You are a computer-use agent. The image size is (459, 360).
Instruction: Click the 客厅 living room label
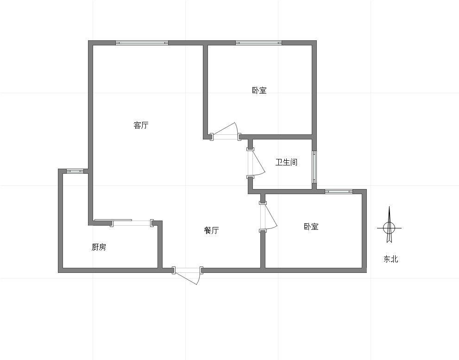(x=141, y=126)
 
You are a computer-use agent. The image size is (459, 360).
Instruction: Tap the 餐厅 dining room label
(x=211, y=231)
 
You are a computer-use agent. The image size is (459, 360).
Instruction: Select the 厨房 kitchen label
(x=99, y=247)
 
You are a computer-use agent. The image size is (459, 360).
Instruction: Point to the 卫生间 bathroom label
(x=286, y=162)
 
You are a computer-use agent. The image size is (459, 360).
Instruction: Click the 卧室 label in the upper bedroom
(x=259, y=90)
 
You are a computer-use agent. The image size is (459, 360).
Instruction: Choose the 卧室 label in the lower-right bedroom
(x=311, y=227)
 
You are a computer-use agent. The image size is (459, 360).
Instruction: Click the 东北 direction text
(x=391, y=259)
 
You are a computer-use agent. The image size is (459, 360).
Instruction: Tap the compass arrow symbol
(x=389, y=225)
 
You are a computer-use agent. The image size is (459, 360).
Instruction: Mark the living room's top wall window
(x=142, y=43)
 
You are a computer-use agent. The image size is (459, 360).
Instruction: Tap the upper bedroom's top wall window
(x=259, y=43)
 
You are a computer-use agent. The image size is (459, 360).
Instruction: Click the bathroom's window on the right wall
(x=314, y=167)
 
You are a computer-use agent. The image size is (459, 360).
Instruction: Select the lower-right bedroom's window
(x=339, y=191)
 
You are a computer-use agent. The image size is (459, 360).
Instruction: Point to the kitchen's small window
(x=75, y=171)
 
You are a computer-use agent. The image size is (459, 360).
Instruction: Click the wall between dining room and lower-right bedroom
(x=263, y=249)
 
